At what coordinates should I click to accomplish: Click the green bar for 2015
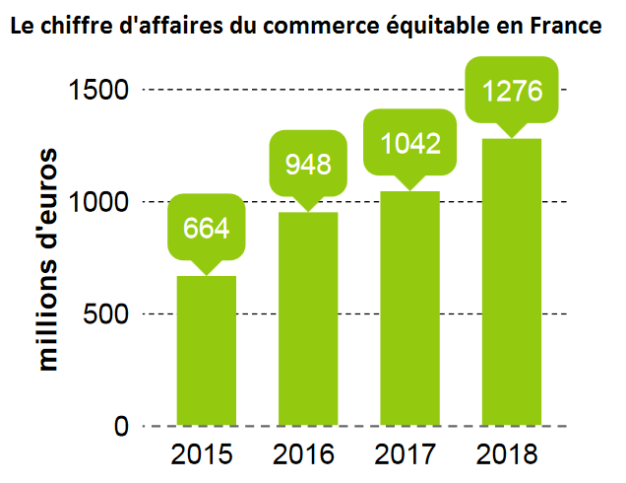point(206,351)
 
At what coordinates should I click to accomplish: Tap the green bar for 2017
point(409,308)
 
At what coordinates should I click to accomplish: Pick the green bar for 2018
point(512,282)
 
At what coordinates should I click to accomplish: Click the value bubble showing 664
point(206,229)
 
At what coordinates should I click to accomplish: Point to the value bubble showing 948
point(308,164)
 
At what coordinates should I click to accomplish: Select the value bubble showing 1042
point(409,143)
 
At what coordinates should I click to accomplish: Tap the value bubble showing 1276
point(512,91)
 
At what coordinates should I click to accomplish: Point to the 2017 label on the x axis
point(406,455)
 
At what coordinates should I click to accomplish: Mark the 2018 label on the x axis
point(507,455)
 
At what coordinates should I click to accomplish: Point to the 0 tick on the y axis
point(120,426)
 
